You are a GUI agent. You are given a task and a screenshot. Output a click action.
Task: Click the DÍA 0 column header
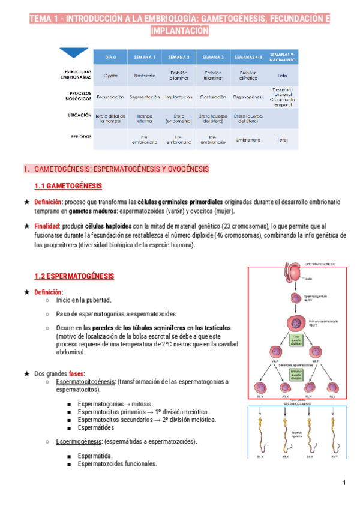coord(110,57)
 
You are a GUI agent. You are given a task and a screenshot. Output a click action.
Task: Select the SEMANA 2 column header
coord(179,57)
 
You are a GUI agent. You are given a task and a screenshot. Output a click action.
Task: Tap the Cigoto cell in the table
coord(110,76)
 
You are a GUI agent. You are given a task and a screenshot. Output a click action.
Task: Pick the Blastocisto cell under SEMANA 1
coord(145,76)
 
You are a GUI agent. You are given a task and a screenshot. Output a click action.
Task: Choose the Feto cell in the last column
coord(282,76)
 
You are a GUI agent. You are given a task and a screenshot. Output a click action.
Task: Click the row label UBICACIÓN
coord(77,115)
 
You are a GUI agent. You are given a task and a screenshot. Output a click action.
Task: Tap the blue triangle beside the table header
coord(74,53)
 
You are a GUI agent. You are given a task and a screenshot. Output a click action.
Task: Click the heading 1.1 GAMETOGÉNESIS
coord(68,186)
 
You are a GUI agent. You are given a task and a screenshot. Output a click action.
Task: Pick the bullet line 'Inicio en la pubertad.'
coord(83,300)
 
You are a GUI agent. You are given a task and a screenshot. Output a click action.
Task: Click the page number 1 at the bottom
coord(344,483)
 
